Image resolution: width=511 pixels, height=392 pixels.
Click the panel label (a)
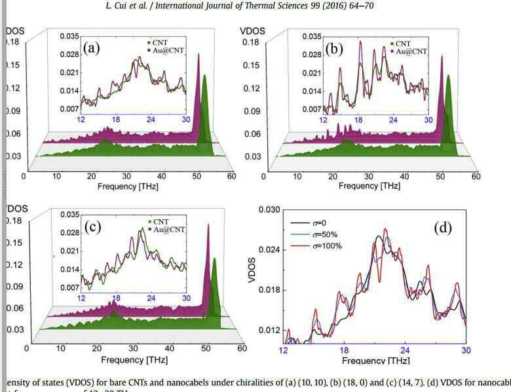tap(92, 47)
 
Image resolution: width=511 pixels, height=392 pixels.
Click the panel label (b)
tap(334, 48)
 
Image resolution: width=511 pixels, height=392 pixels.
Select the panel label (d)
tap(443, 228)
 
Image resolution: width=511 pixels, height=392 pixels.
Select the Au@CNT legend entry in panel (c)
tap(169, 229)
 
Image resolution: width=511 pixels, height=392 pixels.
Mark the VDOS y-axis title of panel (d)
tap(252, 270)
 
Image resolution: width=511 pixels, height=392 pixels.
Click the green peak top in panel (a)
tap(204, 76)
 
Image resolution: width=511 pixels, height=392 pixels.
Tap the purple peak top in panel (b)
tap(442, 56)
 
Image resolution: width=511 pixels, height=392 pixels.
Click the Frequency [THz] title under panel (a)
tap(128, 186)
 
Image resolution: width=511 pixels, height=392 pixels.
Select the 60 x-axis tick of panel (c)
tap(242, 348)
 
